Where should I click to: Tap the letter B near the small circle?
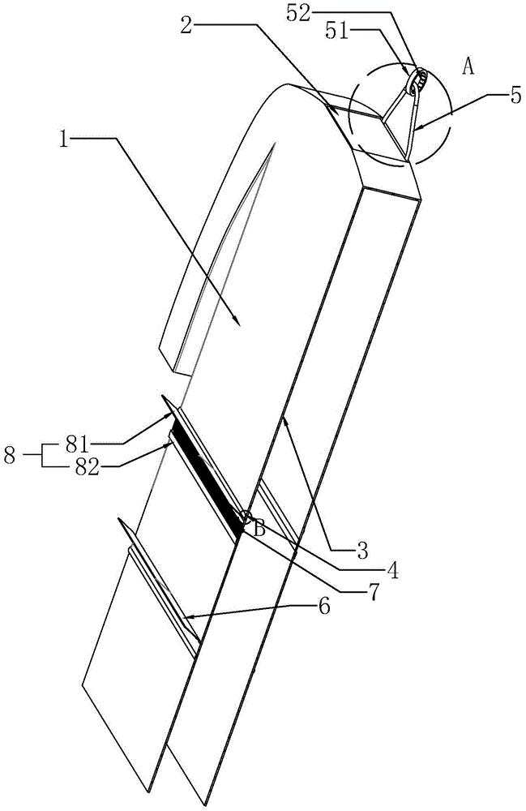(x=259, y=529)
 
